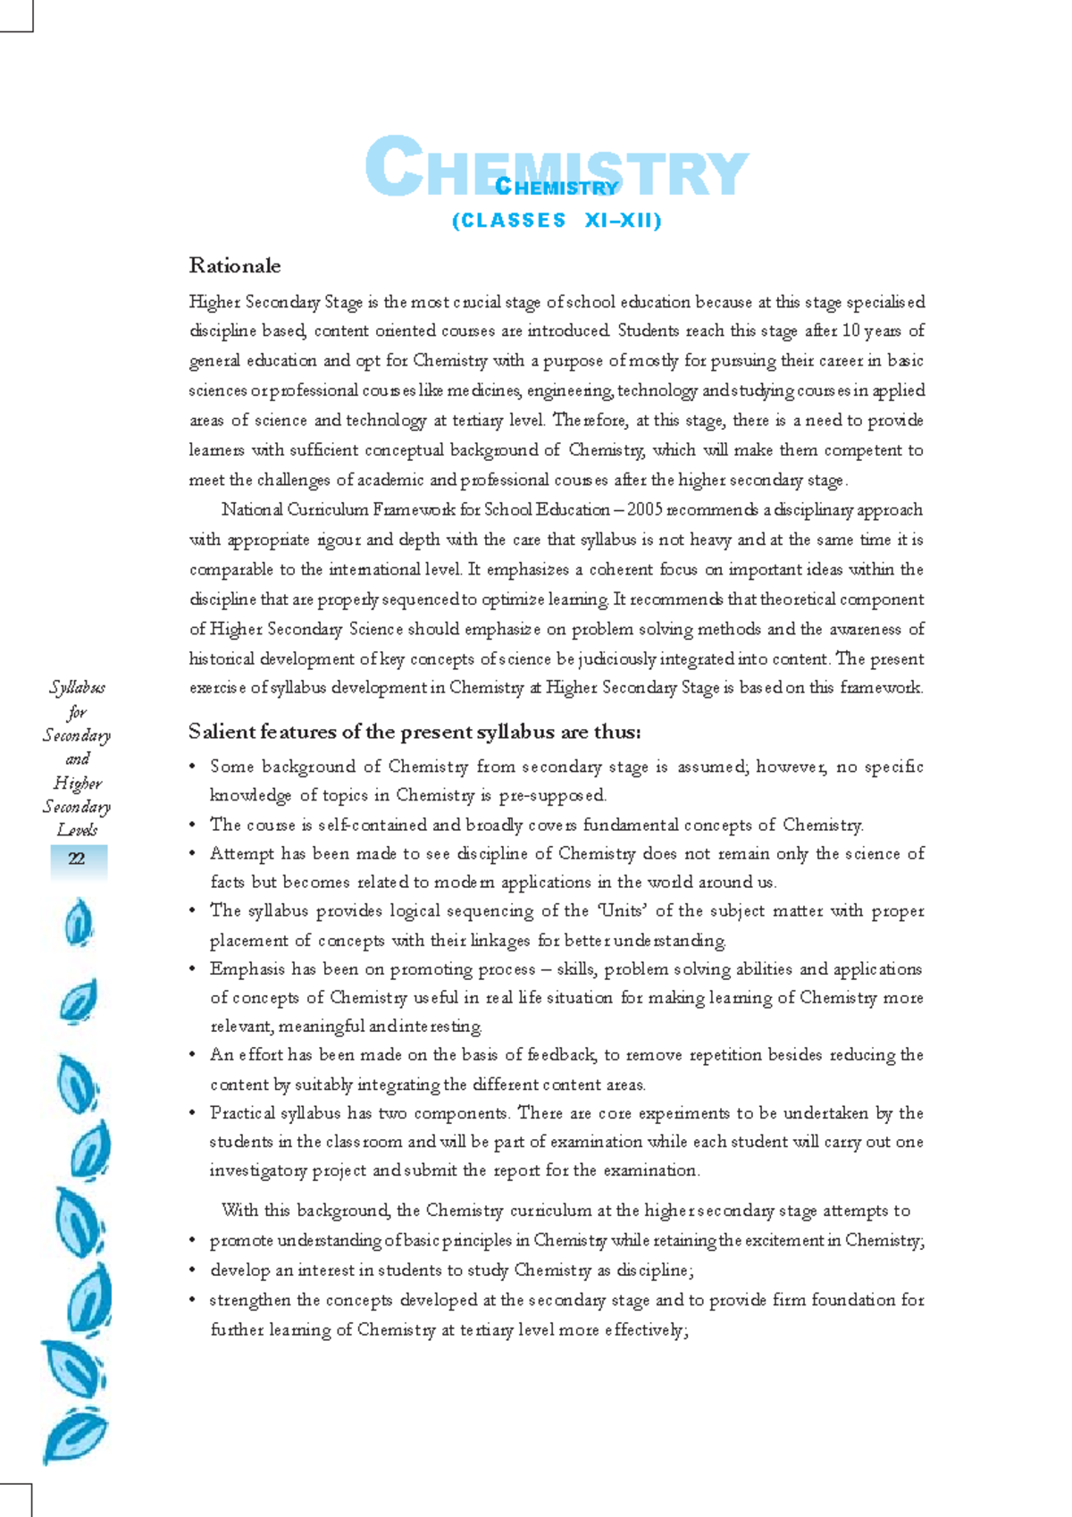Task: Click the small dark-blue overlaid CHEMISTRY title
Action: tap(556, 188)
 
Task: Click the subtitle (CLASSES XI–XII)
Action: tap(557, 221)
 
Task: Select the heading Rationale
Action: tap(235, 266)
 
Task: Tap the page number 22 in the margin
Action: tap(77, 859)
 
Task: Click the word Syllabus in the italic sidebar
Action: tap(77, 687)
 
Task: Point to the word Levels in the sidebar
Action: tap(77, 830)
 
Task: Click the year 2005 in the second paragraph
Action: tap(644, 510)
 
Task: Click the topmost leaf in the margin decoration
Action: tap(79, 922)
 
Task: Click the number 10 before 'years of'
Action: tap(850, 331)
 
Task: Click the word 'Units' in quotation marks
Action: tap(622, 911)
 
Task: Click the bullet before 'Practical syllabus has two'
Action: tap(192, 1114)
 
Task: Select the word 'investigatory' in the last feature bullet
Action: tap(257, 1170)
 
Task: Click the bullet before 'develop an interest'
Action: tap(192, 1270)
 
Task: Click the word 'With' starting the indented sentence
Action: tap(239, 1211)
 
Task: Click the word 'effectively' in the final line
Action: tap(643, 1330)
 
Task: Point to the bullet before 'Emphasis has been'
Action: tap(192, 969)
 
